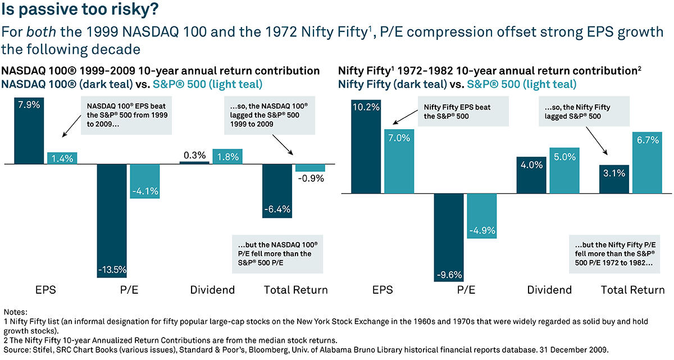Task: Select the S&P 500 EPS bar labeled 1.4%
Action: [x=62, y=158]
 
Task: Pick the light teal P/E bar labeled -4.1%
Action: [x=144, y=181]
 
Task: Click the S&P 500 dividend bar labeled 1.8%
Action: [x=227, y=157]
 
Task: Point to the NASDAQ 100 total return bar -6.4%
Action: [x=277, y=191]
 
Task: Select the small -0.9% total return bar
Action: [x=310, y=168]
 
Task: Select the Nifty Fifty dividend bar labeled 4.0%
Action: [x=531, y=175]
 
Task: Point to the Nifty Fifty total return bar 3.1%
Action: [x=614, y=179]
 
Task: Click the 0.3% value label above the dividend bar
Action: [x=194, y=155]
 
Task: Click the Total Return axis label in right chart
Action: [x=632, y=290]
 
